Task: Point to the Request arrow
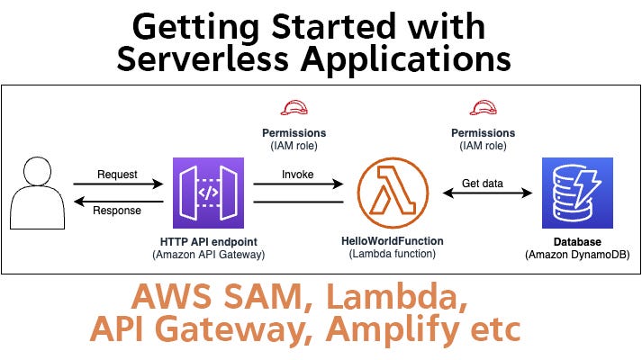[x=117, y=184]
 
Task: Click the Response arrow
[x=117, y=202]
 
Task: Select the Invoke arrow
[x=298, y=184]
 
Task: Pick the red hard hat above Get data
[x=484, y=109]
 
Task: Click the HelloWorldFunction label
[x=393, y=242]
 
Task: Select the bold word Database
[x=577, y=243]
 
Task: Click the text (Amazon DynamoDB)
[x=577, y=256]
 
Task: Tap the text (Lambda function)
[x=393, y=256]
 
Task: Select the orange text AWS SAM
[x=207, y=295]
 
